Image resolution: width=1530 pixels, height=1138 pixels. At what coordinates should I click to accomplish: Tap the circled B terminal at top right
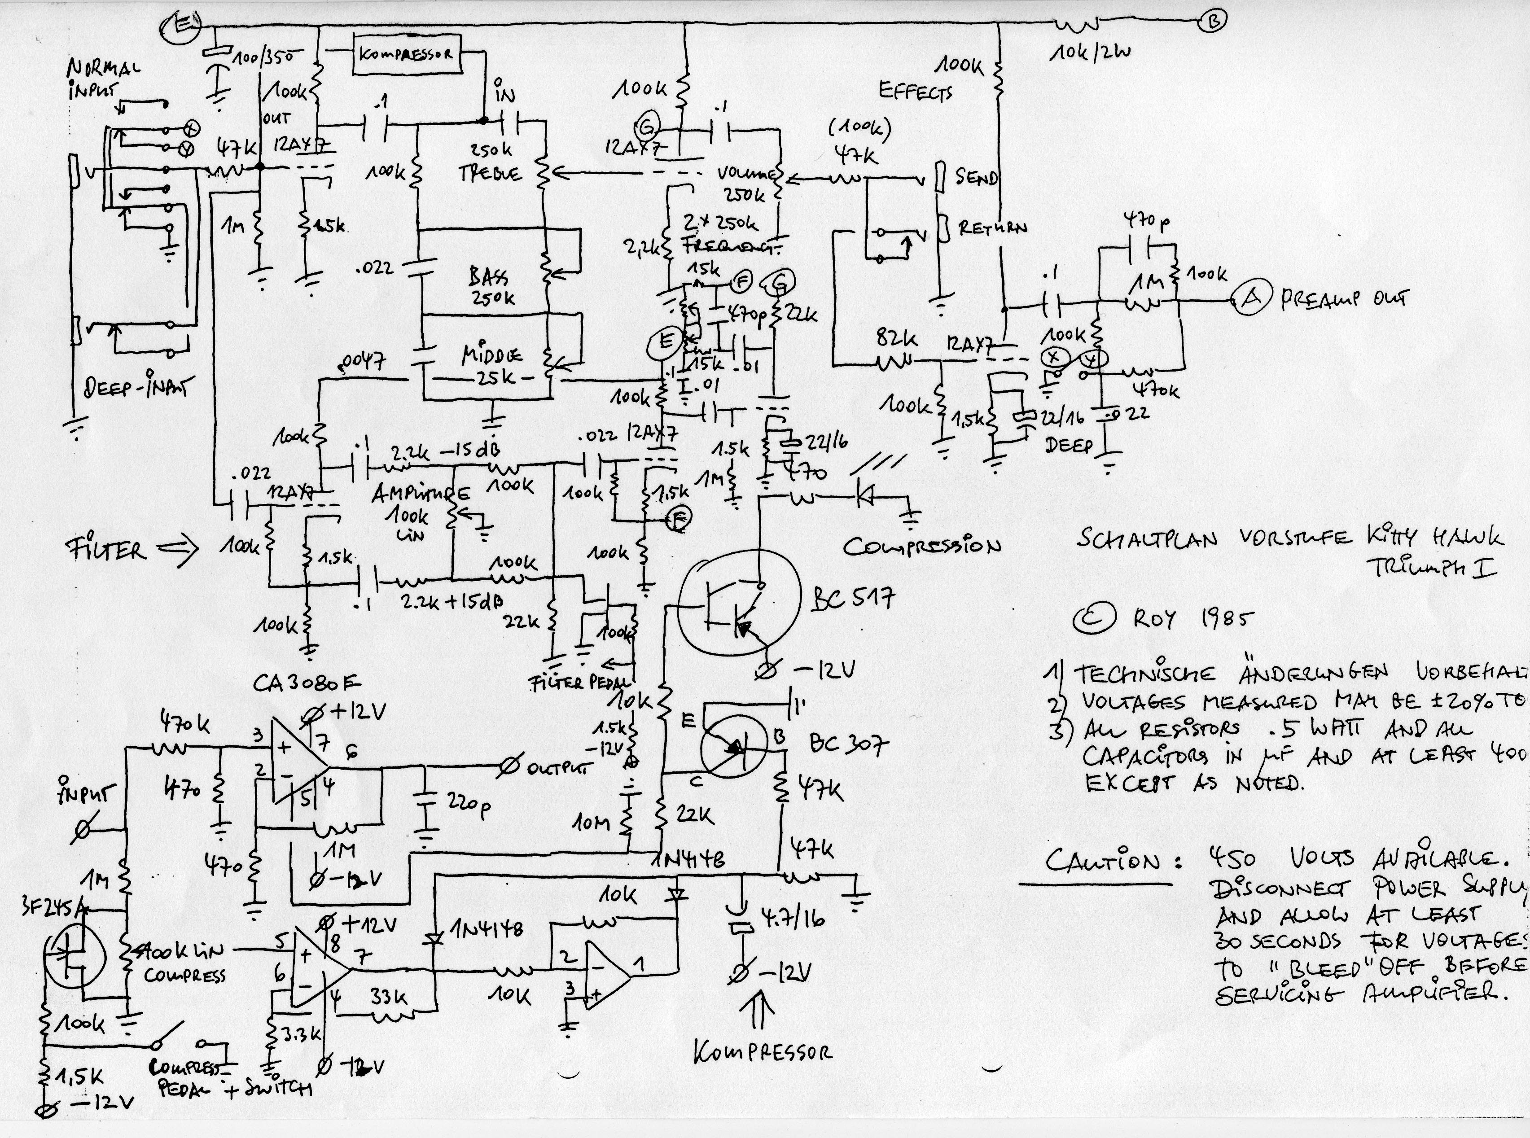1213,22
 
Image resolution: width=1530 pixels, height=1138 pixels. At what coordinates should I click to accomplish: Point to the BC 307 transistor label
850,744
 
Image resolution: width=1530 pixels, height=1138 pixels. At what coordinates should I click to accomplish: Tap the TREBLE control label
491,174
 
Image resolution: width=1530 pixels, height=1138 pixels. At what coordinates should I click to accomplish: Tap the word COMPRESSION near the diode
922,547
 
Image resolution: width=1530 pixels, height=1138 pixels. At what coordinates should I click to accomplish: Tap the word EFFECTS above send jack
916,92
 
